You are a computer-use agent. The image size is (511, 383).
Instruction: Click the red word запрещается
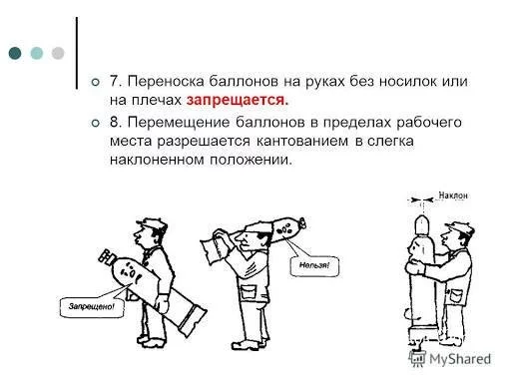pyautogui.click(x=238, y=100)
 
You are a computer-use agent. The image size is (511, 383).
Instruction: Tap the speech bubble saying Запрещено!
pyautogui.click(x=92, y=306)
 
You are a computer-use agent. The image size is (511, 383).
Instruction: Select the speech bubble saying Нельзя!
pyautogui.click(x=314, y=265)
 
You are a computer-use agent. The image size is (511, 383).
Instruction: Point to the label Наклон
pyautogui.click(x=453, y=195)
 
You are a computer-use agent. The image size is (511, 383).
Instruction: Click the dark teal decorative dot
pyautogui.click(x=15, y=53)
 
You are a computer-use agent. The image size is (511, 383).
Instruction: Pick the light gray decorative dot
pyautogui.click(x=58, y=53)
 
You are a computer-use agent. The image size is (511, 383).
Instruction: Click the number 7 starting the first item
pyautogui.click(x=115, y=81)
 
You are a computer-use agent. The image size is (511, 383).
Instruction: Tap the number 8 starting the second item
pyautogui.click(x=115, y=122)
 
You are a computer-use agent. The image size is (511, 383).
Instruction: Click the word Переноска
pyautogui.click(x=166, y=81)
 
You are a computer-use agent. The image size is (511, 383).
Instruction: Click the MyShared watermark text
pyautogui.click(x=460, y=359)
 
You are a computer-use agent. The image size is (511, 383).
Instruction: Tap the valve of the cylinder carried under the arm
pyautogui.click(x=106, y=255)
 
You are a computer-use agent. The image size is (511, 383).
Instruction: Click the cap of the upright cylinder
pyautogui.click(x=421, y=224)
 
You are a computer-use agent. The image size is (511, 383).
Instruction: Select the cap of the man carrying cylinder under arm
pyautogui.click(x=152, y=224)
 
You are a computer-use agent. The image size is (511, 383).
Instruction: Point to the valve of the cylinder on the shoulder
pyautogui.click(x=302, y=223)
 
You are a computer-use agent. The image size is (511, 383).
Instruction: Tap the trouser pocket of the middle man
pyautogui.click(x=247, y=293)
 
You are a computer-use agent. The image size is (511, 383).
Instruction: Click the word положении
pyautogui.click(x=251, y=161)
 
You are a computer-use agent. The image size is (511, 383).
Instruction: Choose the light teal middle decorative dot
pyautogui.click(x=37, y=53)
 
